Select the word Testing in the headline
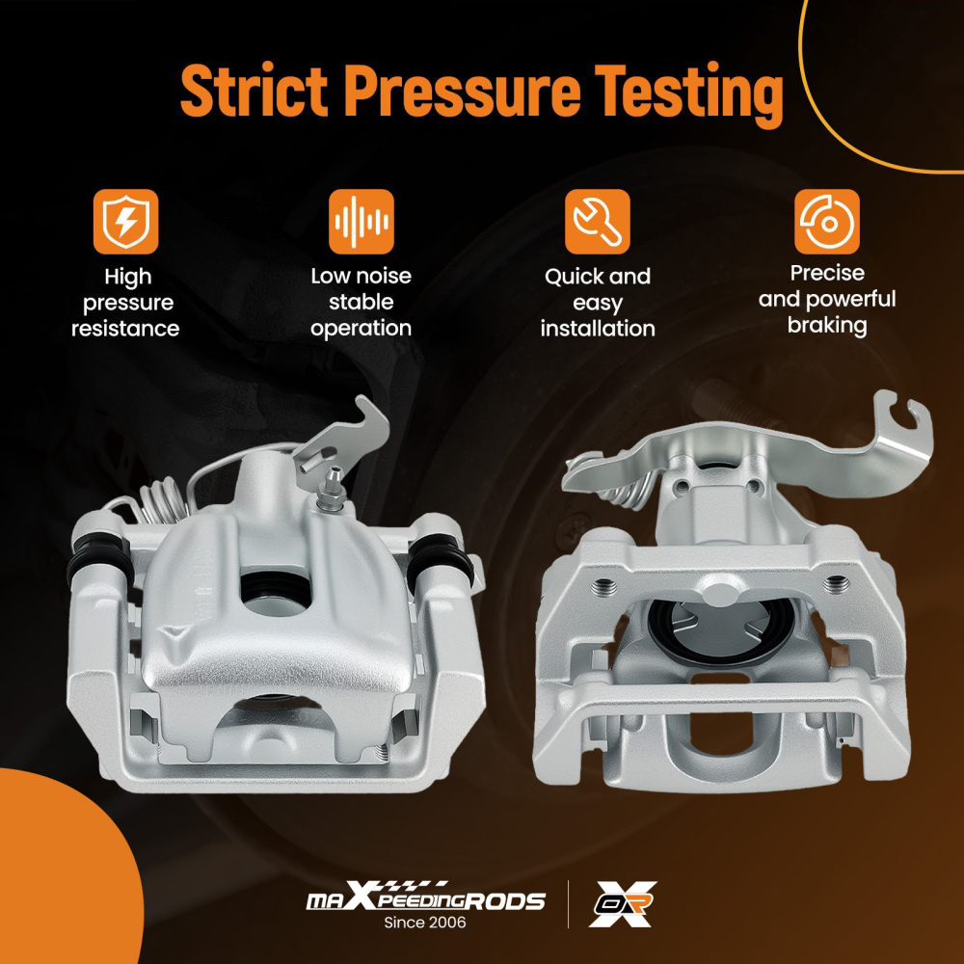tap(688, 95)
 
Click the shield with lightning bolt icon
tap(125, 222)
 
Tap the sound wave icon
tap(361, 222)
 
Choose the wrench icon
tap(597, 222)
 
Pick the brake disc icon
tap(827, 222)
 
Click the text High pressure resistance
tap(126, 303)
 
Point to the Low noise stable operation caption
tap(361, 302)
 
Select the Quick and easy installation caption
tap(598, 303)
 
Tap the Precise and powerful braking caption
tap(827, 300)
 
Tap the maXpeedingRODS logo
tap(425, 897)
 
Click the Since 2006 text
tap(425, 923)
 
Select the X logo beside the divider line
tap(622, 904)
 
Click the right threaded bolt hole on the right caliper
tap(834, 582)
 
